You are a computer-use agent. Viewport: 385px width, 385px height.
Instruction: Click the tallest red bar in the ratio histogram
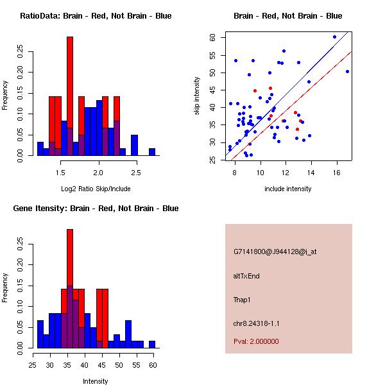tap(70, 96)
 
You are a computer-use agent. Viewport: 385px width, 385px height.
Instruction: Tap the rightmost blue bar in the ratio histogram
tap(152, 152)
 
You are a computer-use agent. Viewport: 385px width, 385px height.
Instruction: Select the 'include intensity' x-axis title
tap(288, 188)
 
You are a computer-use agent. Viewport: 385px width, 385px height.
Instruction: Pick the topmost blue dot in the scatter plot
tap(334, 37)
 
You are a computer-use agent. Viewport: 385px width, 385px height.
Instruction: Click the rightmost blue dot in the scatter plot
tap(347, 71)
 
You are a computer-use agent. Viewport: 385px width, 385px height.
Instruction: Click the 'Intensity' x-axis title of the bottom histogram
tap(96, 381)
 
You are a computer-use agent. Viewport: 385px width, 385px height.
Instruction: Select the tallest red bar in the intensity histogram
tap(70, 289)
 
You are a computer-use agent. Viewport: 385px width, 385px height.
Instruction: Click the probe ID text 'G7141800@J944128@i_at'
tap(275, 252)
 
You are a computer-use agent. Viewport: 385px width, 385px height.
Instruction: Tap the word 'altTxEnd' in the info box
tap(246, 276)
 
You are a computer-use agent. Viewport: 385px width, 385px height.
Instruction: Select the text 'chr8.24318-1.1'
tap(257, 323)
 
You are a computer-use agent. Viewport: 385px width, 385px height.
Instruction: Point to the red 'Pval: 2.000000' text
tap(256, 341)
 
